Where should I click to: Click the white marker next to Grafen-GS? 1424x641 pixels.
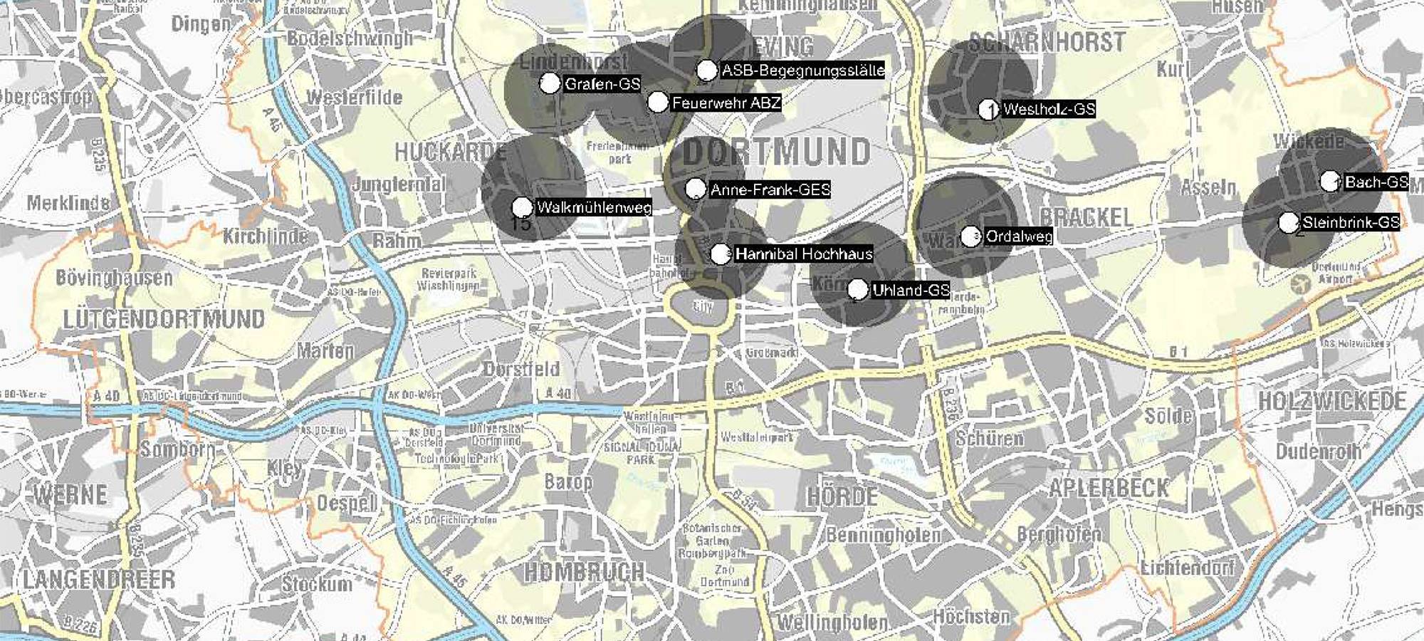550,83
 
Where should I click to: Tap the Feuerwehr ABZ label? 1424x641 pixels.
726,103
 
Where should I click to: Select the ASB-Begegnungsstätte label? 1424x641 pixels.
802,71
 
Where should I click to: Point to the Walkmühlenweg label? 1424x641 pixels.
593,208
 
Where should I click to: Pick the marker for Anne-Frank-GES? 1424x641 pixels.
696,189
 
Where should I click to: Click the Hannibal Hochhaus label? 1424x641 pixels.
803,254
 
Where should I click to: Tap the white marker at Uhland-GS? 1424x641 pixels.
858,290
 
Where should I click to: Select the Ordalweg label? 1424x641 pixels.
1018,236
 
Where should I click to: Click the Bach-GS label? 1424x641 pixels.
1376,182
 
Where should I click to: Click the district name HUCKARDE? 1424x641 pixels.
451,152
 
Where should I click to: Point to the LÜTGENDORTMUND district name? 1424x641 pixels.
164,319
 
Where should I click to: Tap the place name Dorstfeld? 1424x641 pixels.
521,369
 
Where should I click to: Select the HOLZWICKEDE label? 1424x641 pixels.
1332,401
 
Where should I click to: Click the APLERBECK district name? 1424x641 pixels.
1109,488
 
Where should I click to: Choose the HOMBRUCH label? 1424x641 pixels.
585,571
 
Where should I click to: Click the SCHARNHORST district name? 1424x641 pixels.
1047,43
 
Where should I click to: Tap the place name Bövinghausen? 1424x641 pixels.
114,278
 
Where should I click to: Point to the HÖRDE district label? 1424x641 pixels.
842,496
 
